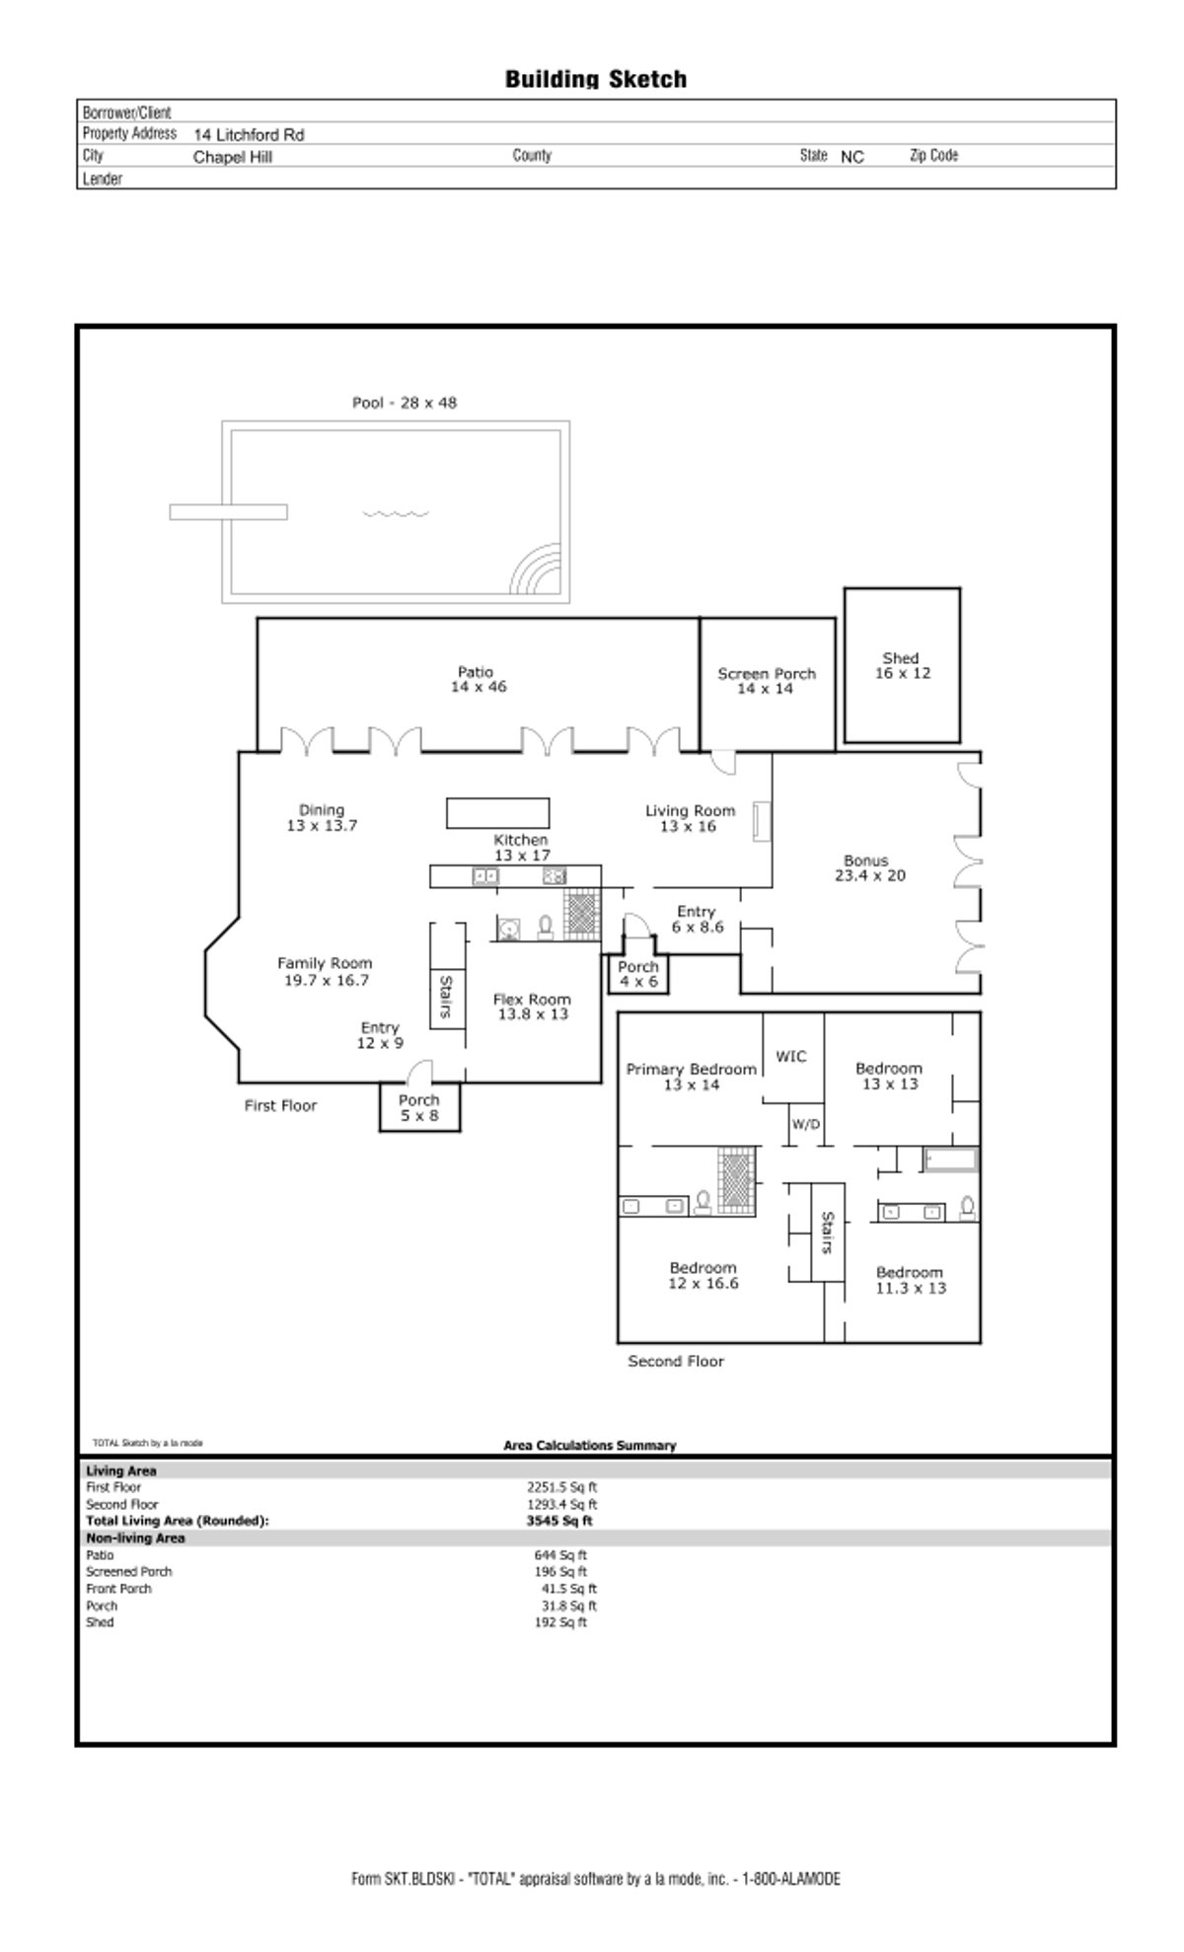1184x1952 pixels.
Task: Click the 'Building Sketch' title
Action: coord(596,79)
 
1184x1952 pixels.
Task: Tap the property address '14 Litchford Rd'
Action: coord(249,134)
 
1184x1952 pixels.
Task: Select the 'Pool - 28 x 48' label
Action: coord(405,403)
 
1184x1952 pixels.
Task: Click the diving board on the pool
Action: coord(228,512)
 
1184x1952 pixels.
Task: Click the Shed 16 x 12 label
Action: coord(902,666)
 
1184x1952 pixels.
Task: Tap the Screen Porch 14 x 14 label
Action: coord(767,681)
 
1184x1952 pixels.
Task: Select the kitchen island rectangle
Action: coord(497,812)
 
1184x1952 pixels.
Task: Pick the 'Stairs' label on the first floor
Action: coord(446,998)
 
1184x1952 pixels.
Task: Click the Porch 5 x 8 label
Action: coord(419,1108)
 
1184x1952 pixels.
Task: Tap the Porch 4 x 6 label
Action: coord(638,974)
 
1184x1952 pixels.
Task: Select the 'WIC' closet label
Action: coord(791,1056)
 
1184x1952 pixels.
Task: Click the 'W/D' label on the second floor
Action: coord(806,1124)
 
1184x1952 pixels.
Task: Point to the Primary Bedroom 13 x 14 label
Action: coord(692,1077)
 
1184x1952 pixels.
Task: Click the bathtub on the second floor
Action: coord(949,1160)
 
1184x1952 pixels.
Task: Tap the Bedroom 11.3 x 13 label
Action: coord(910,1280)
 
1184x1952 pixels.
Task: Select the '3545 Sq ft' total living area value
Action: coord(559,1521)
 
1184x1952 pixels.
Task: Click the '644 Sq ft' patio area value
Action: coord(560,1554)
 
